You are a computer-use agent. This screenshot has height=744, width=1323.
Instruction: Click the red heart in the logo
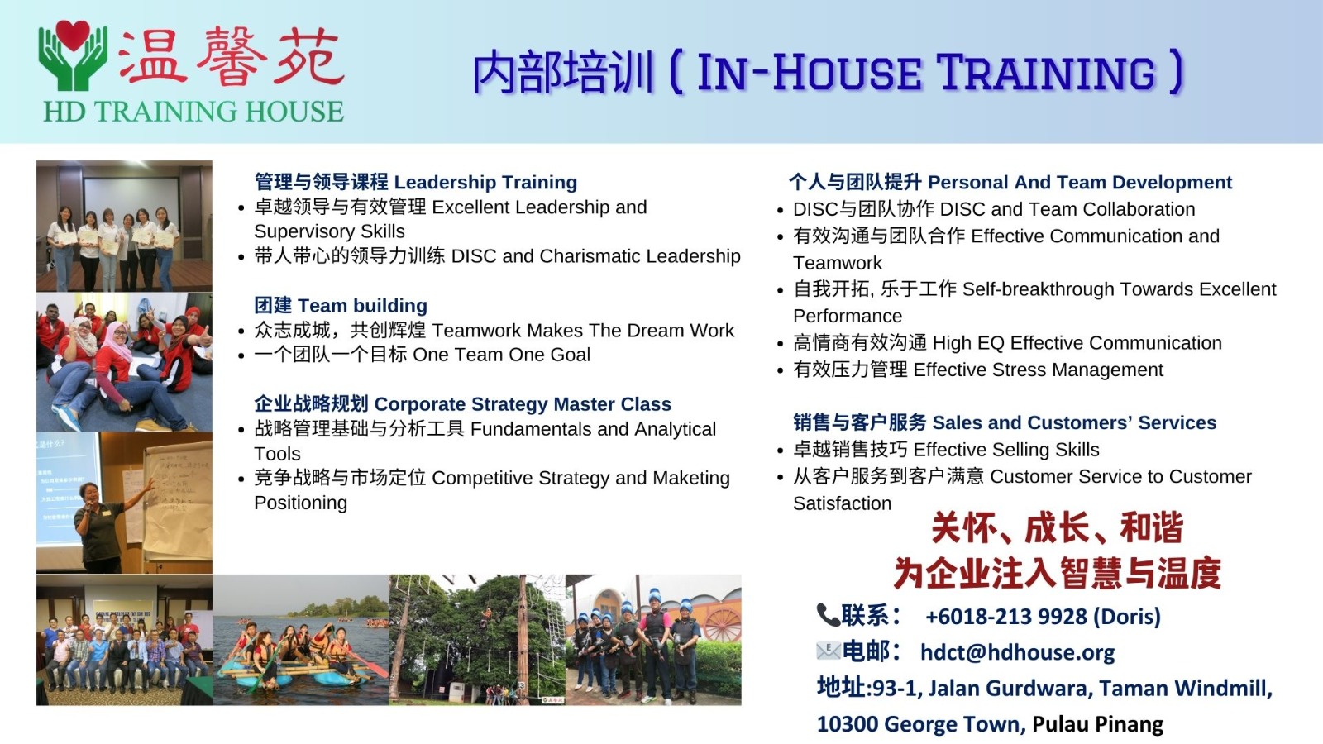pos(73,35)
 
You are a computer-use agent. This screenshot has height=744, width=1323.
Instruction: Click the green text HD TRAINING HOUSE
pos(193,112)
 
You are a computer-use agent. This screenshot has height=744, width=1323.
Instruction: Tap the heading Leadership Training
pos(485,182)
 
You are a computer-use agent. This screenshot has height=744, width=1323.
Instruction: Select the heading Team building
pos(362,305)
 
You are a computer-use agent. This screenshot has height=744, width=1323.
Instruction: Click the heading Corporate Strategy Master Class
pos(523,404)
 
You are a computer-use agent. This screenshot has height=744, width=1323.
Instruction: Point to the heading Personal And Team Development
pos(1080,182)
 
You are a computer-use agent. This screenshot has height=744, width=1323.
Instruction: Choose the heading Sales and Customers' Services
pos(1074,422)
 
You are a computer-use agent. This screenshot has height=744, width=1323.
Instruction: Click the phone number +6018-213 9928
pos(1006,616)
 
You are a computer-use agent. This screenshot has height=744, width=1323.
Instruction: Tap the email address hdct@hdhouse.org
pos(1018,652)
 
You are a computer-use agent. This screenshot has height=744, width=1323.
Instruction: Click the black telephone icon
pos(828,615)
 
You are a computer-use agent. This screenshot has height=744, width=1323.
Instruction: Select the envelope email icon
pos(828,651)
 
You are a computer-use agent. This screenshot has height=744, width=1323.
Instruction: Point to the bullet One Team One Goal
pos(501,355)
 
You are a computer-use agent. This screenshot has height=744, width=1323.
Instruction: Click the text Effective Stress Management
pos(1039,370)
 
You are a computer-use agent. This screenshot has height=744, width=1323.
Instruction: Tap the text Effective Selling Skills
pos(1006,450)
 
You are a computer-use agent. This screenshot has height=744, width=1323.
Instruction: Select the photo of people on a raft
pos(301,640)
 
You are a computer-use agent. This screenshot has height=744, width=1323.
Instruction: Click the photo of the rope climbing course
pos(477,640)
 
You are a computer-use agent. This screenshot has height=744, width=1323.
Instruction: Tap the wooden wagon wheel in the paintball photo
pos(723,623)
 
